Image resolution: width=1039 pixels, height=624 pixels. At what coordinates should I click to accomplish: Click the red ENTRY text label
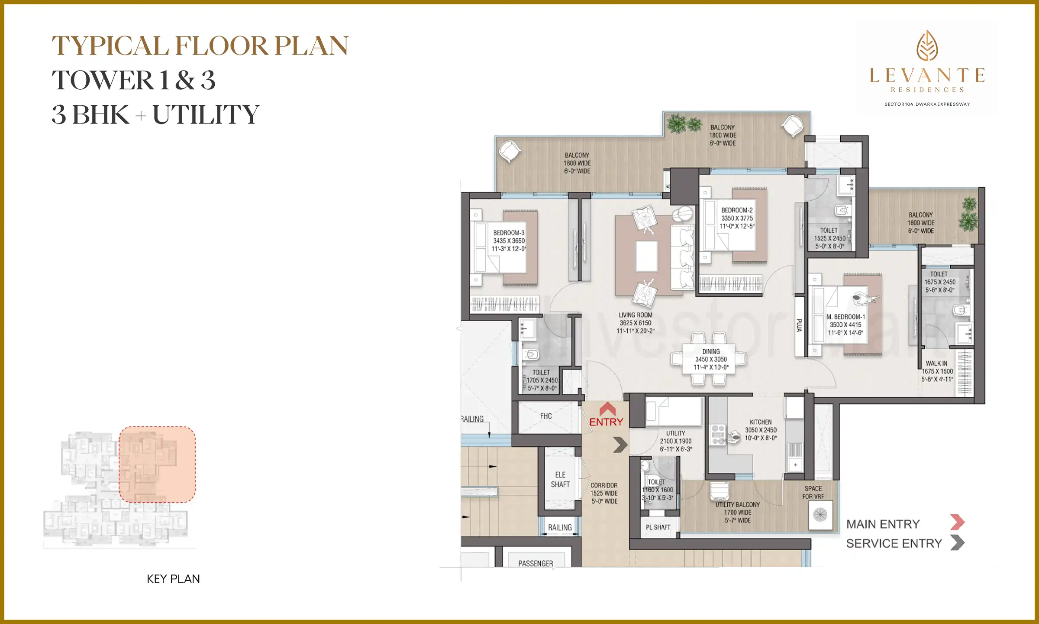tap(606, 422)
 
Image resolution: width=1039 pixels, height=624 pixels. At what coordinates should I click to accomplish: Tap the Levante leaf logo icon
tap(927, 45)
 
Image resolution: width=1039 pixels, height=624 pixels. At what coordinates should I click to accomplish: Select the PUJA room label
tap(799, 325)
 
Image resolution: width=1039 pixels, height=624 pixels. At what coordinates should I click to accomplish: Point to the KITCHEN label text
tap(761, 422)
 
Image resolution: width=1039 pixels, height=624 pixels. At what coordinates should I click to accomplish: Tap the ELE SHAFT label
tap(560, 480)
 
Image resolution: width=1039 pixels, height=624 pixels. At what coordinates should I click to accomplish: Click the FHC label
tap(546, 416)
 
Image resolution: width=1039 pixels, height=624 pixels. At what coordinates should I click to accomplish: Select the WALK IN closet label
tap(936, 364)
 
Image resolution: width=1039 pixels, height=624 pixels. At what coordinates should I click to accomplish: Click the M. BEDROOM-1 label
tap(845, 317)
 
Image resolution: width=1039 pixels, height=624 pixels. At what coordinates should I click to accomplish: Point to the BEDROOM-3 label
tap(509, 233)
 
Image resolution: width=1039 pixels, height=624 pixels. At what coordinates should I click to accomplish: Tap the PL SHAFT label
tap(658, 527)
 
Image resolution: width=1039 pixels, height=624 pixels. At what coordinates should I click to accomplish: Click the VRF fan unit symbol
tap(820, 515)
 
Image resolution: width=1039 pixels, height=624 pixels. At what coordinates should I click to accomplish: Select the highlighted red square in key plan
tap(157, 465)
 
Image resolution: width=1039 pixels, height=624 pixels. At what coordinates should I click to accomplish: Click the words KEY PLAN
tap(173, 579)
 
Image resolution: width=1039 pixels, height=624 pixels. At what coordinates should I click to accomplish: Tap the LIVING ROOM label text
tap(635, 315)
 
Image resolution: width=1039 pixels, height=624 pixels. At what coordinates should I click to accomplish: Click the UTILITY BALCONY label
tap(737, 504)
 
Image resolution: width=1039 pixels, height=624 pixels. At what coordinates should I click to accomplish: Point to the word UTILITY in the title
tap(206, 115)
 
